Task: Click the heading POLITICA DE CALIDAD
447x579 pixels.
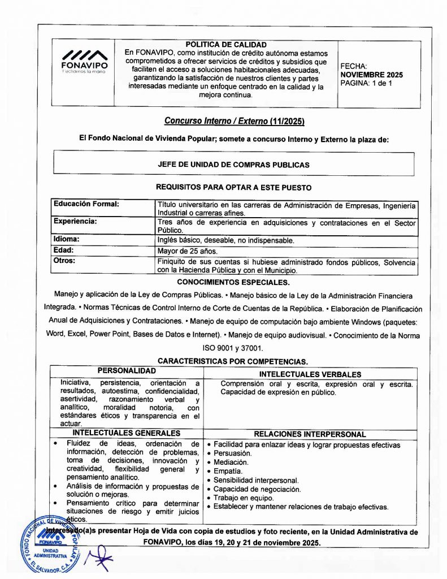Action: coord(226,45)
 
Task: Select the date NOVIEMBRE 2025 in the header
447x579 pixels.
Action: coord(371,75)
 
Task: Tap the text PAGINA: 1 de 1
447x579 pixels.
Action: coord(366,83)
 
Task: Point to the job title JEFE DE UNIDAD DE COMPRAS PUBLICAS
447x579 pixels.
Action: coord(234,165)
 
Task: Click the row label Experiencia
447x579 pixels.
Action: coord(75,222)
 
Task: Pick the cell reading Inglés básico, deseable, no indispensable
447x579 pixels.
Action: coord(225,240)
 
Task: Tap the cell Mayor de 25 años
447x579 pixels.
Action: coord(187,251)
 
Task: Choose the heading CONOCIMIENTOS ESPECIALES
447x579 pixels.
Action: coord(233,282)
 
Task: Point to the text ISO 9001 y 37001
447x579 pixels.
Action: coord(233,348)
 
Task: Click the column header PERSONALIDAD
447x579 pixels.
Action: coord(127,371)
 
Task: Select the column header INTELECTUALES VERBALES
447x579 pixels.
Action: coord(310,374)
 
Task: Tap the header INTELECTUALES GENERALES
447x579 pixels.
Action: coord(127,433)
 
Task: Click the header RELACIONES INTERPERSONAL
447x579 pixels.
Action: coord(310,434)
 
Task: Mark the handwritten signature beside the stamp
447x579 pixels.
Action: coord(99,556)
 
